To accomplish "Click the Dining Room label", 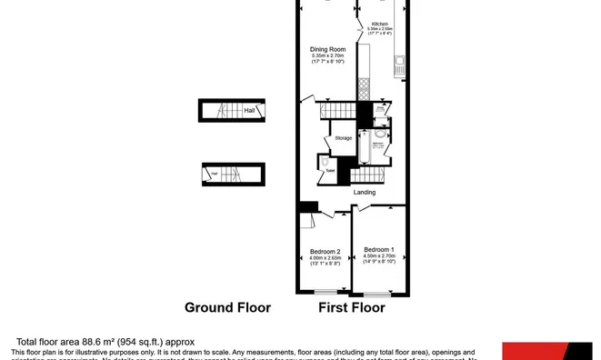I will click(x=325, y=50).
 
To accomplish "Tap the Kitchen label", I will click(x=378, y=24).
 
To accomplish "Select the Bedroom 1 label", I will click(x=378, y=249).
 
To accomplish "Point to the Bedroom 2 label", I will click(x=325, y=251).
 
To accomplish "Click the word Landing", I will click(x=366, y=192).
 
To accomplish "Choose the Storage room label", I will click(x=343, y=138).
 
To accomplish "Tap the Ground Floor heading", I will click(x=227, y=308).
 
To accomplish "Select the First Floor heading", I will click(x=351, y=308).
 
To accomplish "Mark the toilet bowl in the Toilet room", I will click(x=325, y=163).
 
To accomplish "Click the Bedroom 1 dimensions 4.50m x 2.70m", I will click(x=378, y=256).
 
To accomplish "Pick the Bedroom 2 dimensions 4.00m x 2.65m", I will click(x=325, y=258).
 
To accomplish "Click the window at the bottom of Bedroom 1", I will click(x=377, y=294).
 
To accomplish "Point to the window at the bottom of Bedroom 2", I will click(x=325, y=294).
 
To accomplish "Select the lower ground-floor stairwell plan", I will click(x=232, y=174).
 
